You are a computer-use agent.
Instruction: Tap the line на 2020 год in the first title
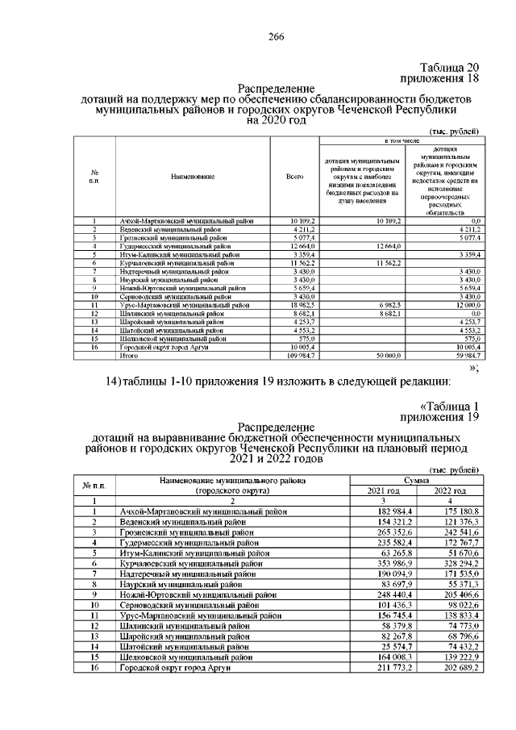(x=277, y=120)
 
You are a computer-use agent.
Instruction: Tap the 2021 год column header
(x=383, y=490)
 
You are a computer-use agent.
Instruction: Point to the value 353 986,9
(x=384, y=563)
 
